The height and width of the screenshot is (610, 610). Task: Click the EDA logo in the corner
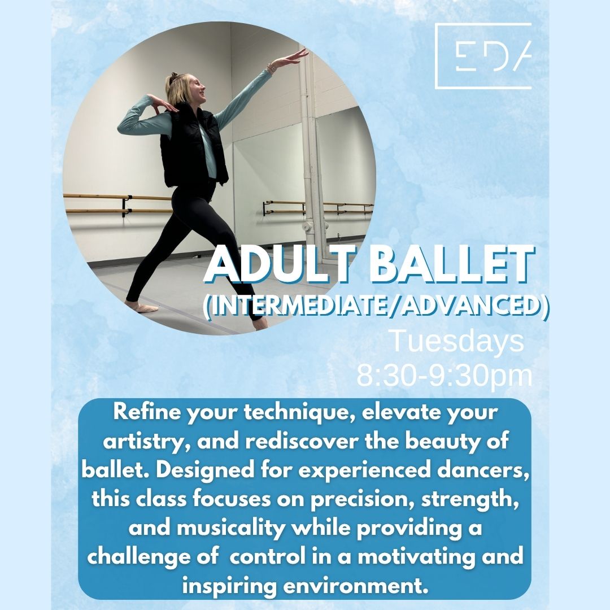[483, 55]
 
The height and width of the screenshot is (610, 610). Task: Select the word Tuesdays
[457, 341]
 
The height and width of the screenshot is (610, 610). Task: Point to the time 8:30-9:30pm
[445, 376]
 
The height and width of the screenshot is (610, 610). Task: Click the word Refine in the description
[147, 412]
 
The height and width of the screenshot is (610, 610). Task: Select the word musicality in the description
[231, 529]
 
